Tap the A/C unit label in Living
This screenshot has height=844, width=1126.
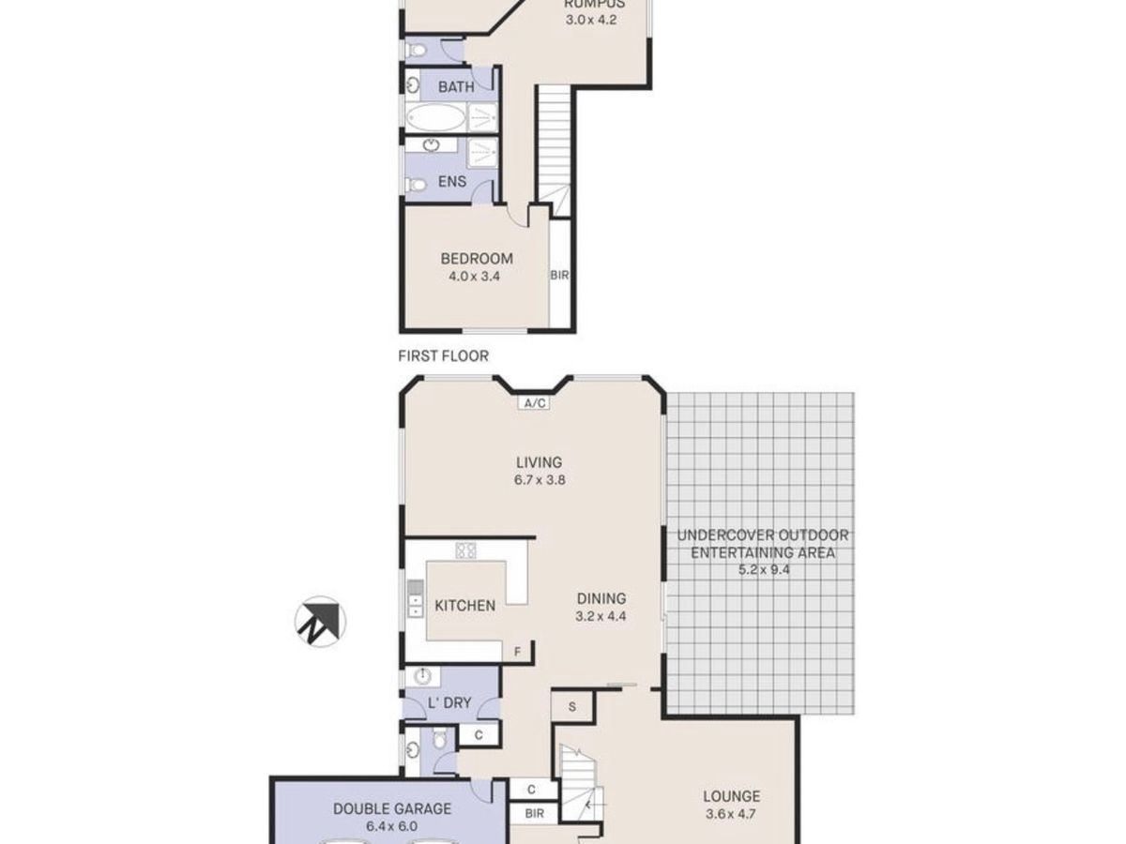[534, 403]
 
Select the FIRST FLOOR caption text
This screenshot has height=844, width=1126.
[444, 355]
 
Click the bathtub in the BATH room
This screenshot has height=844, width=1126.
[435, 117]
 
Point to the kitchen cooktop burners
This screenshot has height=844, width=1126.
[465, 550]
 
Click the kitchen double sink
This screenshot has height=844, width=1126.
[414, 599]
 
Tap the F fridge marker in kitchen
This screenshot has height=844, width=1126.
[515, 651]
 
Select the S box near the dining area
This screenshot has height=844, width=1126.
[569, 705]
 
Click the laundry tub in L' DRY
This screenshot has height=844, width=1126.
[422, 677]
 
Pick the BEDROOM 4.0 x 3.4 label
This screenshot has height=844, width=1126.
[477, 267]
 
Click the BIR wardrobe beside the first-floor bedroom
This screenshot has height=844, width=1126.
[559, 275]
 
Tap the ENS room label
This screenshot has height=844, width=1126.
[452, 182]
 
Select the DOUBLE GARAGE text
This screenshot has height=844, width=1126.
[392, 808]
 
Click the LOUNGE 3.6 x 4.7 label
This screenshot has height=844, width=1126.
[731, 806]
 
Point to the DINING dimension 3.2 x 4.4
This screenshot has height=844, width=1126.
[601, 616]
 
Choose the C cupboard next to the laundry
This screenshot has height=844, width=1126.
[478, 735]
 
